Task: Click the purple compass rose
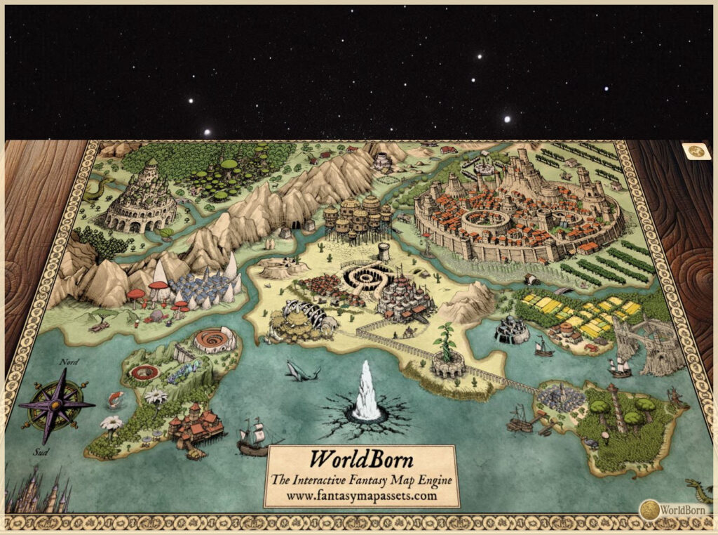coord(55,405)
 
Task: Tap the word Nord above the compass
coord(69,362)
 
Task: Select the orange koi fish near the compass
coord(114,400)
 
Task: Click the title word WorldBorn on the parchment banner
coord(362,460)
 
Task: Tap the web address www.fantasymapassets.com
coord(362,495)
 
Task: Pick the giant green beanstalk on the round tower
coord(447,343)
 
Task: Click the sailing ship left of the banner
coord(252,437)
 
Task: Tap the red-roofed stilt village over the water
coord(196,426)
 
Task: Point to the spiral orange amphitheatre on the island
coord(214,341)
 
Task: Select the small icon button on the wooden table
coord(696,151)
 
